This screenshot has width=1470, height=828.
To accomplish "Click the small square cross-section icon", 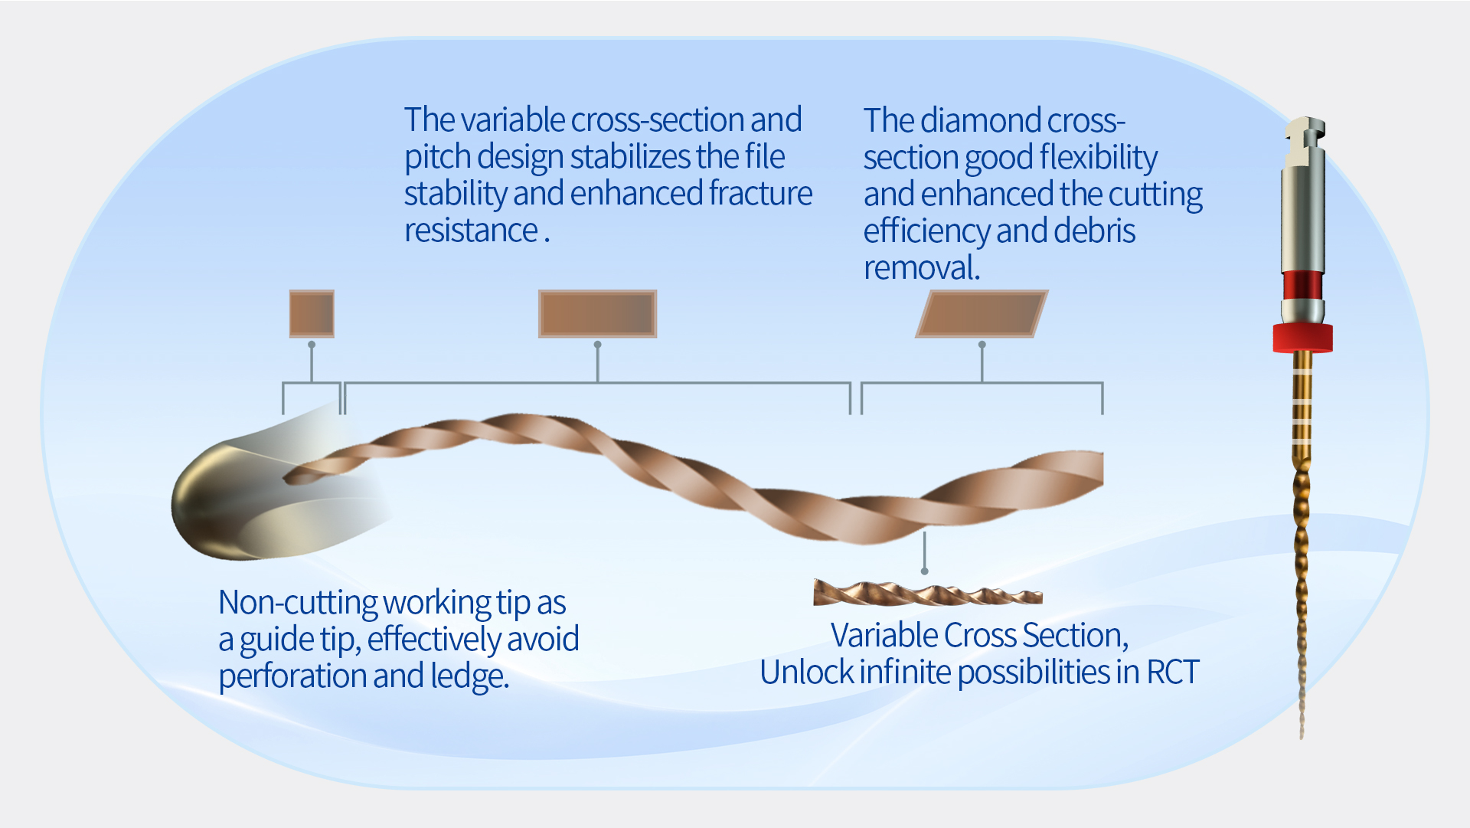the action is [312, 314].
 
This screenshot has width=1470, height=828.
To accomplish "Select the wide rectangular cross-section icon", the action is [597, 314].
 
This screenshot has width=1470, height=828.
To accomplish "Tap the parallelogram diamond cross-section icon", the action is [982, 314].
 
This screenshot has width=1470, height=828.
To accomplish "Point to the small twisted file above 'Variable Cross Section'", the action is [927, 593].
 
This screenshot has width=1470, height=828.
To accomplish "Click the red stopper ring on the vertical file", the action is [1302, 338].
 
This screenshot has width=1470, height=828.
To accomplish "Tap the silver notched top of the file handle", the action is [1304, 142].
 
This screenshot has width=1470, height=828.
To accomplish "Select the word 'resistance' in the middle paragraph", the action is [472, 231].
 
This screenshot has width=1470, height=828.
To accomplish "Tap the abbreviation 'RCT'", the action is [1172, 673].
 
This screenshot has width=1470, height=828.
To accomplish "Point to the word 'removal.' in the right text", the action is [922, 269].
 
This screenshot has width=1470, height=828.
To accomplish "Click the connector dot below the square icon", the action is [312, 345].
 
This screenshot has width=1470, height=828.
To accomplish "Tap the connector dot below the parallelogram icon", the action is [982, 345].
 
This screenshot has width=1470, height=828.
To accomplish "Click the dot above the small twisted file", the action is [925, 571].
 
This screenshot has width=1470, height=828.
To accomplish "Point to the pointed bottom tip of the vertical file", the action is [1302, 737].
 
